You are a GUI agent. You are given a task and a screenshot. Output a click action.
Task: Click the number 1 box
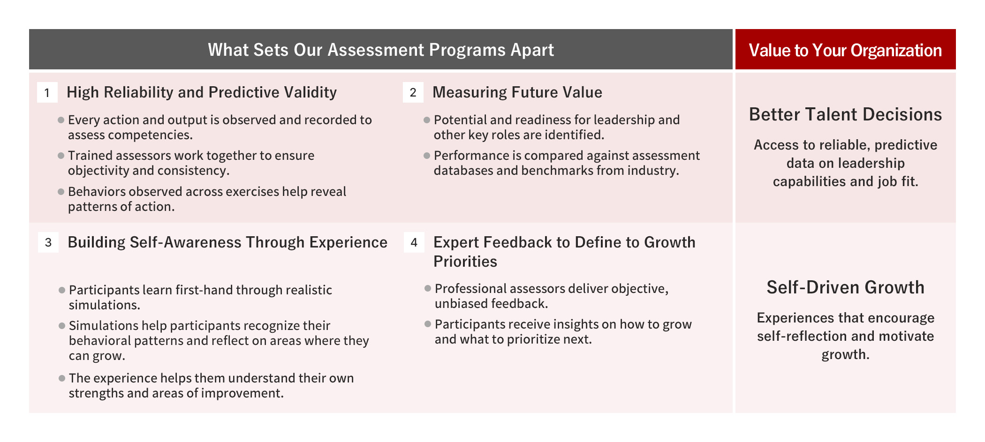[x=47, y=92]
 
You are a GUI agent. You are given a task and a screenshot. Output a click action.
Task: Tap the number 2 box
[x=413, y=92]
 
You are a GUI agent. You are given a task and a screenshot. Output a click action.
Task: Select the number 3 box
[x=48, y=242]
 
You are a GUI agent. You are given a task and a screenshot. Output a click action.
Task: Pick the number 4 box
[x=414, y=242]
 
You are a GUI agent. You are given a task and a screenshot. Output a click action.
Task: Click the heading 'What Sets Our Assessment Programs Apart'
[x=381, y=50]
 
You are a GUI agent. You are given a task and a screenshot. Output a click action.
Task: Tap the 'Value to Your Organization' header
[x=845, y=50]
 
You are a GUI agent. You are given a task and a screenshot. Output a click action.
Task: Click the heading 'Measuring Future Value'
[x=517, y=92]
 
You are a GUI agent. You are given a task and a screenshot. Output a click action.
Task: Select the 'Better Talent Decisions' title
[x=845, y=114]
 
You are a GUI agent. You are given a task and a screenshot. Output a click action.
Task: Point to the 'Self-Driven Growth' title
[x=845, y=287]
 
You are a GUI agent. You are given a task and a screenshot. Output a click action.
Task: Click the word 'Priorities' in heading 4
[x=465, y=262]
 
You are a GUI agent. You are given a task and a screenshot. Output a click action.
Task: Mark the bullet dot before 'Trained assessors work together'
[x=61, y=156]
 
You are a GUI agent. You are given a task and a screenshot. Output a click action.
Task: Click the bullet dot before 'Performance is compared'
[x=427, y=156]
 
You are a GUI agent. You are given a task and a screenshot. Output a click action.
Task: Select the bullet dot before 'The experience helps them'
[x=62, y=378]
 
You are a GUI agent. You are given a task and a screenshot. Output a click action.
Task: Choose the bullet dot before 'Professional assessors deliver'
[x=428, y=288]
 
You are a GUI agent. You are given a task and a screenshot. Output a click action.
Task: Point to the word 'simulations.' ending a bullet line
[x=105, y=305]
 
